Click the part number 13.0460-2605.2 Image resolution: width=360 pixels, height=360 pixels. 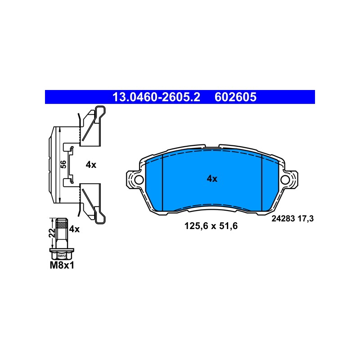point(156,97)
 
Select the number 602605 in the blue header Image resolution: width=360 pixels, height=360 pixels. point(235,97)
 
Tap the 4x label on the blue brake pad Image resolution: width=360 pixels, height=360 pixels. point(212,179)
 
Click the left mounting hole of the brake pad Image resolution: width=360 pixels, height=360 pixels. point(139,180)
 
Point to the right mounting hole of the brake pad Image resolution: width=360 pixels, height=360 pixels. point(285,180)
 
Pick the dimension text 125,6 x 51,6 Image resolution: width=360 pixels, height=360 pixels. point(211,226)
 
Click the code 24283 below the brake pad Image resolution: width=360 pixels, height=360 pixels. point(283,219)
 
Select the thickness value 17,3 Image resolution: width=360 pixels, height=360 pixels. point(306,219)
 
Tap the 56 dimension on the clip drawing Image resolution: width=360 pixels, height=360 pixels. point(63,164)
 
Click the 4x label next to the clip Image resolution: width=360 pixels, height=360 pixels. point(91,165)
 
